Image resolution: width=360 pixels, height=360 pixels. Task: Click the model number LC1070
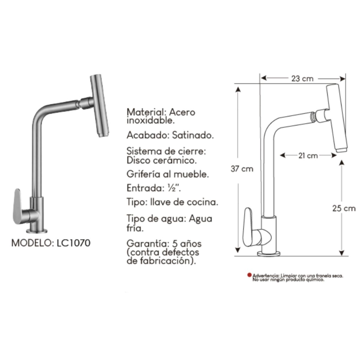(x=73, y=243)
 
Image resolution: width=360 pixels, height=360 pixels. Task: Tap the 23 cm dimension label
(x=302, y=79)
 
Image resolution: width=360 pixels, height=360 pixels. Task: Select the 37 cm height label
(x=242, y=169)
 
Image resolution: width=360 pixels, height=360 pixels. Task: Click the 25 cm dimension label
(x=343, y=208)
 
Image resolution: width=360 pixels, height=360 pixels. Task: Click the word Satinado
(x=193, y=135)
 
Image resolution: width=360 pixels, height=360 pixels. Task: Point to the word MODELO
(x=32, y=243)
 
